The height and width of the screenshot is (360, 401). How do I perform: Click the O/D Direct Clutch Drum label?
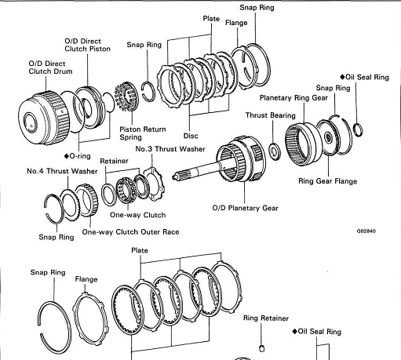tap(50, 67)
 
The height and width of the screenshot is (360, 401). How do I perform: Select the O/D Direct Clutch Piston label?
tap(87, 45)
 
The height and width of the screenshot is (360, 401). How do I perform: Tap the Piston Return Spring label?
tap(143, 133)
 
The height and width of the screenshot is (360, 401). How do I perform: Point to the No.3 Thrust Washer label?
tap(170, 149)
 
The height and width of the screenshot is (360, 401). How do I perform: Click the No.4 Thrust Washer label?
tap(62, 171)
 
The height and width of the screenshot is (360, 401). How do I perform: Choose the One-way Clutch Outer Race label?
tap(130, 232)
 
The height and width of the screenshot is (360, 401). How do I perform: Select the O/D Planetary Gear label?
tap(246, 208)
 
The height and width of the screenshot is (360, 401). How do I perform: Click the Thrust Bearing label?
tap(271, 115)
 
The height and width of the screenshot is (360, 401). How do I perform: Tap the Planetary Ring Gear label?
tap(293, 98)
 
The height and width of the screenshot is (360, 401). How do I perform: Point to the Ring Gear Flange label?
tap(328, 181)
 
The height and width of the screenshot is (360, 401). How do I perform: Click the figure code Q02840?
tap(366, 231)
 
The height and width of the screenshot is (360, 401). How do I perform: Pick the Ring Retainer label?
tap(266, 318)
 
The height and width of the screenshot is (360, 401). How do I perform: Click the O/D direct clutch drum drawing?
tap(44, 118)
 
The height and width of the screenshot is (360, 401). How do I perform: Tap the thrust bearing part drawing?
tap(275, 151)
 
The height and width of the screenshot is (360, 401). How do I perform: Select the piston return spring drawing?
tap(126, 96)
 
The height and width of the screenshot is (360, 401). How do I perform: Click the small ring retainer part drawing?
tap(262, 348)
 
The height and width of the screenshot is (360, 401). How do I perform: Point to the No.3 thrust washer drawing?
tap(155, 184)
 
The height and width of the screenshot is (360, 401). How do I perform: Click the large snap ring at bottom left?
tap(54, 328)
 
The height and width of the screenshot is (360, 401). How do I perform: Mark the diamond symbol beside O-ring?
tap(67, 156)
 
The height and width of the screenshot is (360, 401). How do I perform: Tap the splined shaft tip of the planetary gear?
tap(174, 176)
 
